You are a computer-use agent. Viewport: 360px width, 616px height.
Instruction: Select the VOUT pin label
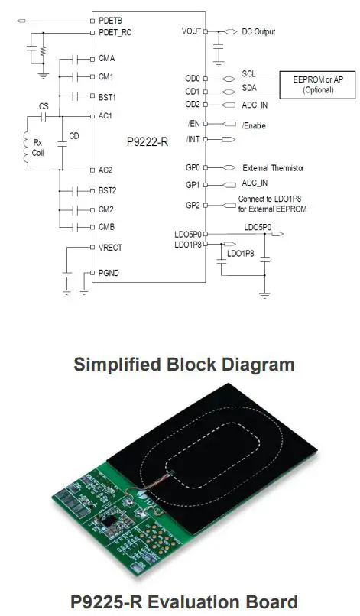tap(192, 32)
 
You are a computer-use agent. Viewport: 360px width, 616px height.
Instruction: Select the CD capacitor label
tap(73, 137)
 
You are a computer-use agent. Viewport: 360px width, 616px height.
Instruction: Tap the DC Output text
tap(258, 32)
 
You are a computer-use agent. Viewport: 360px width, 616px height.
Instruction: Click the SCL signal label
tap(248, 74)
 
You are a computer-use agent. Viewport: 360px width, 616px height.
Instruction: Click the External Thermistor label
tap(274, 167)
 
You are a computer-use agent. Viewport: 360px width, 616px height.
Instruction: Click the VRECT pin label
tap(111, 247)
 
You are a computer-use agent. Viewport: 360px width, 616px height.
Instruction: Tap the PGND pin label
tap(109, 272)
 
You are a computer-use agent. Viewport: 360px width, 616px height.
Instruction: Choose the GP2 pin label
tap(193, 205)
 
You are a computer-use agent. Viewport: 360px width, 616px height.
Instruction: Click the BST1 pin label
tap(107, 96)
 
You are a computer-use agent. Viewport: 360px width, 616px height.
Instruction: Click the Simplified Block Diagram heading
tap(183, 365)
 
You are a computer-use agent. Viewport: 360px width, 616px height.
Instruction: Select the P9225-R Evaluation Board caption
tap(180, 601)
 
